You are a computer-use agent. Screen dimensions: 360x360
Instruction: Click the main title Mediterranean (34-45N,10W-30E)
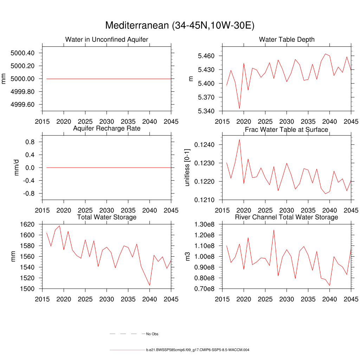point(180,26)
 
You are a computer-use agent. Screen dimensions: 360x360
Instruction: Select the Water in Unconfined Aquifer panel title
point(107,39)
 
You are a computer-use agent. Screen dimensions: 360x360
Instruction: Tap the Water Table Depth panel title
point(287,39)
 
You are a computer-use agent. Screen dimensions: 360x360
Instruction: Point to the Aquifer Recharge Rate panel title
point(107,128)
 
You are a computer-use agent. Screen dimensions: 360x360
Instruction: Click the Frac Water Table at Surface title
point(287,130)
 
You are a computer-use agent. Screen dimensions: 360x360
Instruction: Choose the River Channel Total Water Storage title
point(287,217)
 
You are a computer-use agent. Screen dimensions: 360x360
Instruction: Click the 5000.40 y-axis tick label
point(22,53)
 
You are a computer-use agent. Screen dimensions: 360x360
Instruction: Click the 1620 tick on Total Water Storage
point(27,224)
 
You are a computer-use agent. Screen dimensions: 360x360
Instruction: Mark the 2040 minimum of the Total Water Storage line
point(149,285)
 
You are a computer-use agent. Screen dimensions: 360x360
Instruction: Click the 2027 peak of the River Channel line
point(274,230)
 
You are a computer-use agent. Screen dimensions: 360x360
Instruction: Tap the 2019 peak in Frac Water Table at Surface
point(239,139)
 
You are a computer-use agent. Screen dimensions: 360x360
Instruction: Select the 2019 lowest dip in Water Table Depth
point(239,109)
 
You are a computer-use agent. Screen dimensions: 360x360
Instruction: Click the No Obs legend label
point(152,334)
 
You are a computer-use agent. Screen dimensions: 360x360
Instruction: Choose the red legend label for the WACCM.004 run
point(198,350)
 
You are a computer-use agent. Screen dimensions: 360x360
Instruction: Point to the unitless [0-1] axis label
point(187,168)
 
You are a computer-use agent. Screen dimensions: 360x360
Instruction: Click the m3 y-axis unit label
point(192,257)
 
